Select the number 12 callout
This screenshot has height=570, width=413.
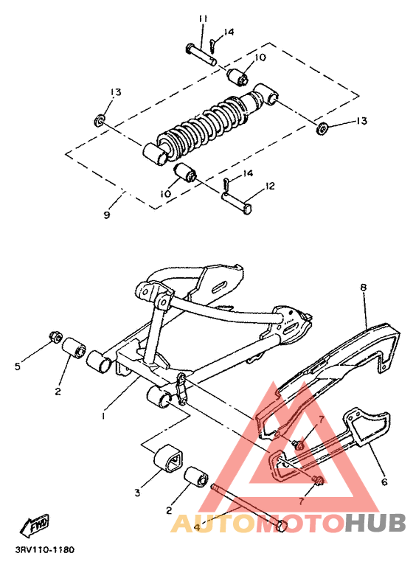coord(270,187)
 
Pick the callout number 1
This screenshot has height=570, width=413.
coord(104,415)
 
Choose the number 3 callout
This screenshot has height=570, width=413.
coord(137,493)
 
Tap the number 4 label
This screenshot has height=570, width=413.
coord(196,527)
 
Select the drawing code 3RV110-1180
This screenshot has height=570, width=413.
coord(44,549)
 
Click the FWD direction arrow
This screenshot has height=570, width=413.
coord(35,526)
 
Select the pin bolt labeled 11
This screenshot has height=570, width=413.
coord(200,55)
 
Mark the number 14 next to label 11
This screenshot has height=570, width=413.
coord(229,32)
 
